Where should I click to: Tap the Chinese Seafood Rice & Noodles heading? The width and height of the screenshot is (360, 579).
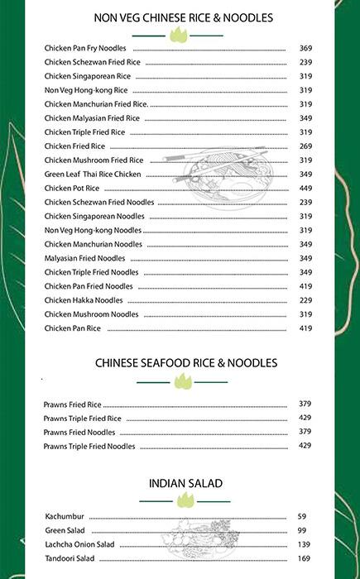pyautogui.click(x=185, y=362)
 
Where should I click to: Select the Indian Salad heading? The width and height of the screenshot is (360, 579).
pyautogui.click(x=185, y=483)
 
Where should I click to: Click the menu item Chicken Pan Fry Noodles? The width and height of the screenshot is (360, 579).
pyautogui.click(x=85, y=48)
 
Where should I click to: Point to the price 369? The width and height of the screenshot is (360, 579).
pyautogui.click(x=305, y=48)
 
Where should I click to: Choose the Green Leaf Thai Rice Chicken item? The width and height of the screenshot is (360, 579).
pyautogui.click(x=93, y=174)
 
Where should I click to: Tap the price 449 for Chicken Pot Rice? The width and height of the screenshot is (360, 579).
pyautogui.click(x=305, y=188)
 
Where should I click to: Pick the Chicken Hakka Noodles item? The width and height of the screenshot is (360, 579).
pyautogui.click(x=84, y=300)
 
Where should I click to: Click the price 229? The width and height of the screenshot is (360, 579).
pyautogui.click(x=305, y=300)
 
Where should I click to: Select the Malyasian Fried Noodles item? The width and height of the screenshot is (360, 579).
pyautogui.click(x=85, y=258)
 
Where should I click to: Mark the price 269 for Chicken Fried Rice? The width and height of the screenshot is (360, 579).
pyautogui.click(x=305, y=146)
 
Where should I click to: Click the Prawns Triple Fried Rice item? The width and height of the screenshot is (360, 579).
pyautogui.click(x=82, y=419)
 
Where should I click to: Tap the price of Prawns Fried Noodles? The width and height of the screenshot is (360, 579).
pyautogui.click(x=305, y=432)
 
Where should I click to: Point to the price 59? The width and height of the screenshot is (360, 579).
pyautogui.click(x=302, y=516)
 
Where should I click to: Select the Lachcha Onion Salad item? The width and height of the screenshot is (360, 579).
pyautogui.click(x=79, y=544)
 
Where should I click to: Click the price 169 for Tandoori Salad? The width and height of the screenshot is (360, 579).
pyautogui.click(x=302, y=558)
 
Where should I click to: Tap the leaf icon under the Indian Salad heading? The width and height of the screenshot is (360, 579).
pyautogui.click(x=186, y=499)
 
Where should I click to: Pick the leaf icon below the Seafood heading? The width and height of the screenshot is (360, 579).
pyautogui.click(x=182, y=380)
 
